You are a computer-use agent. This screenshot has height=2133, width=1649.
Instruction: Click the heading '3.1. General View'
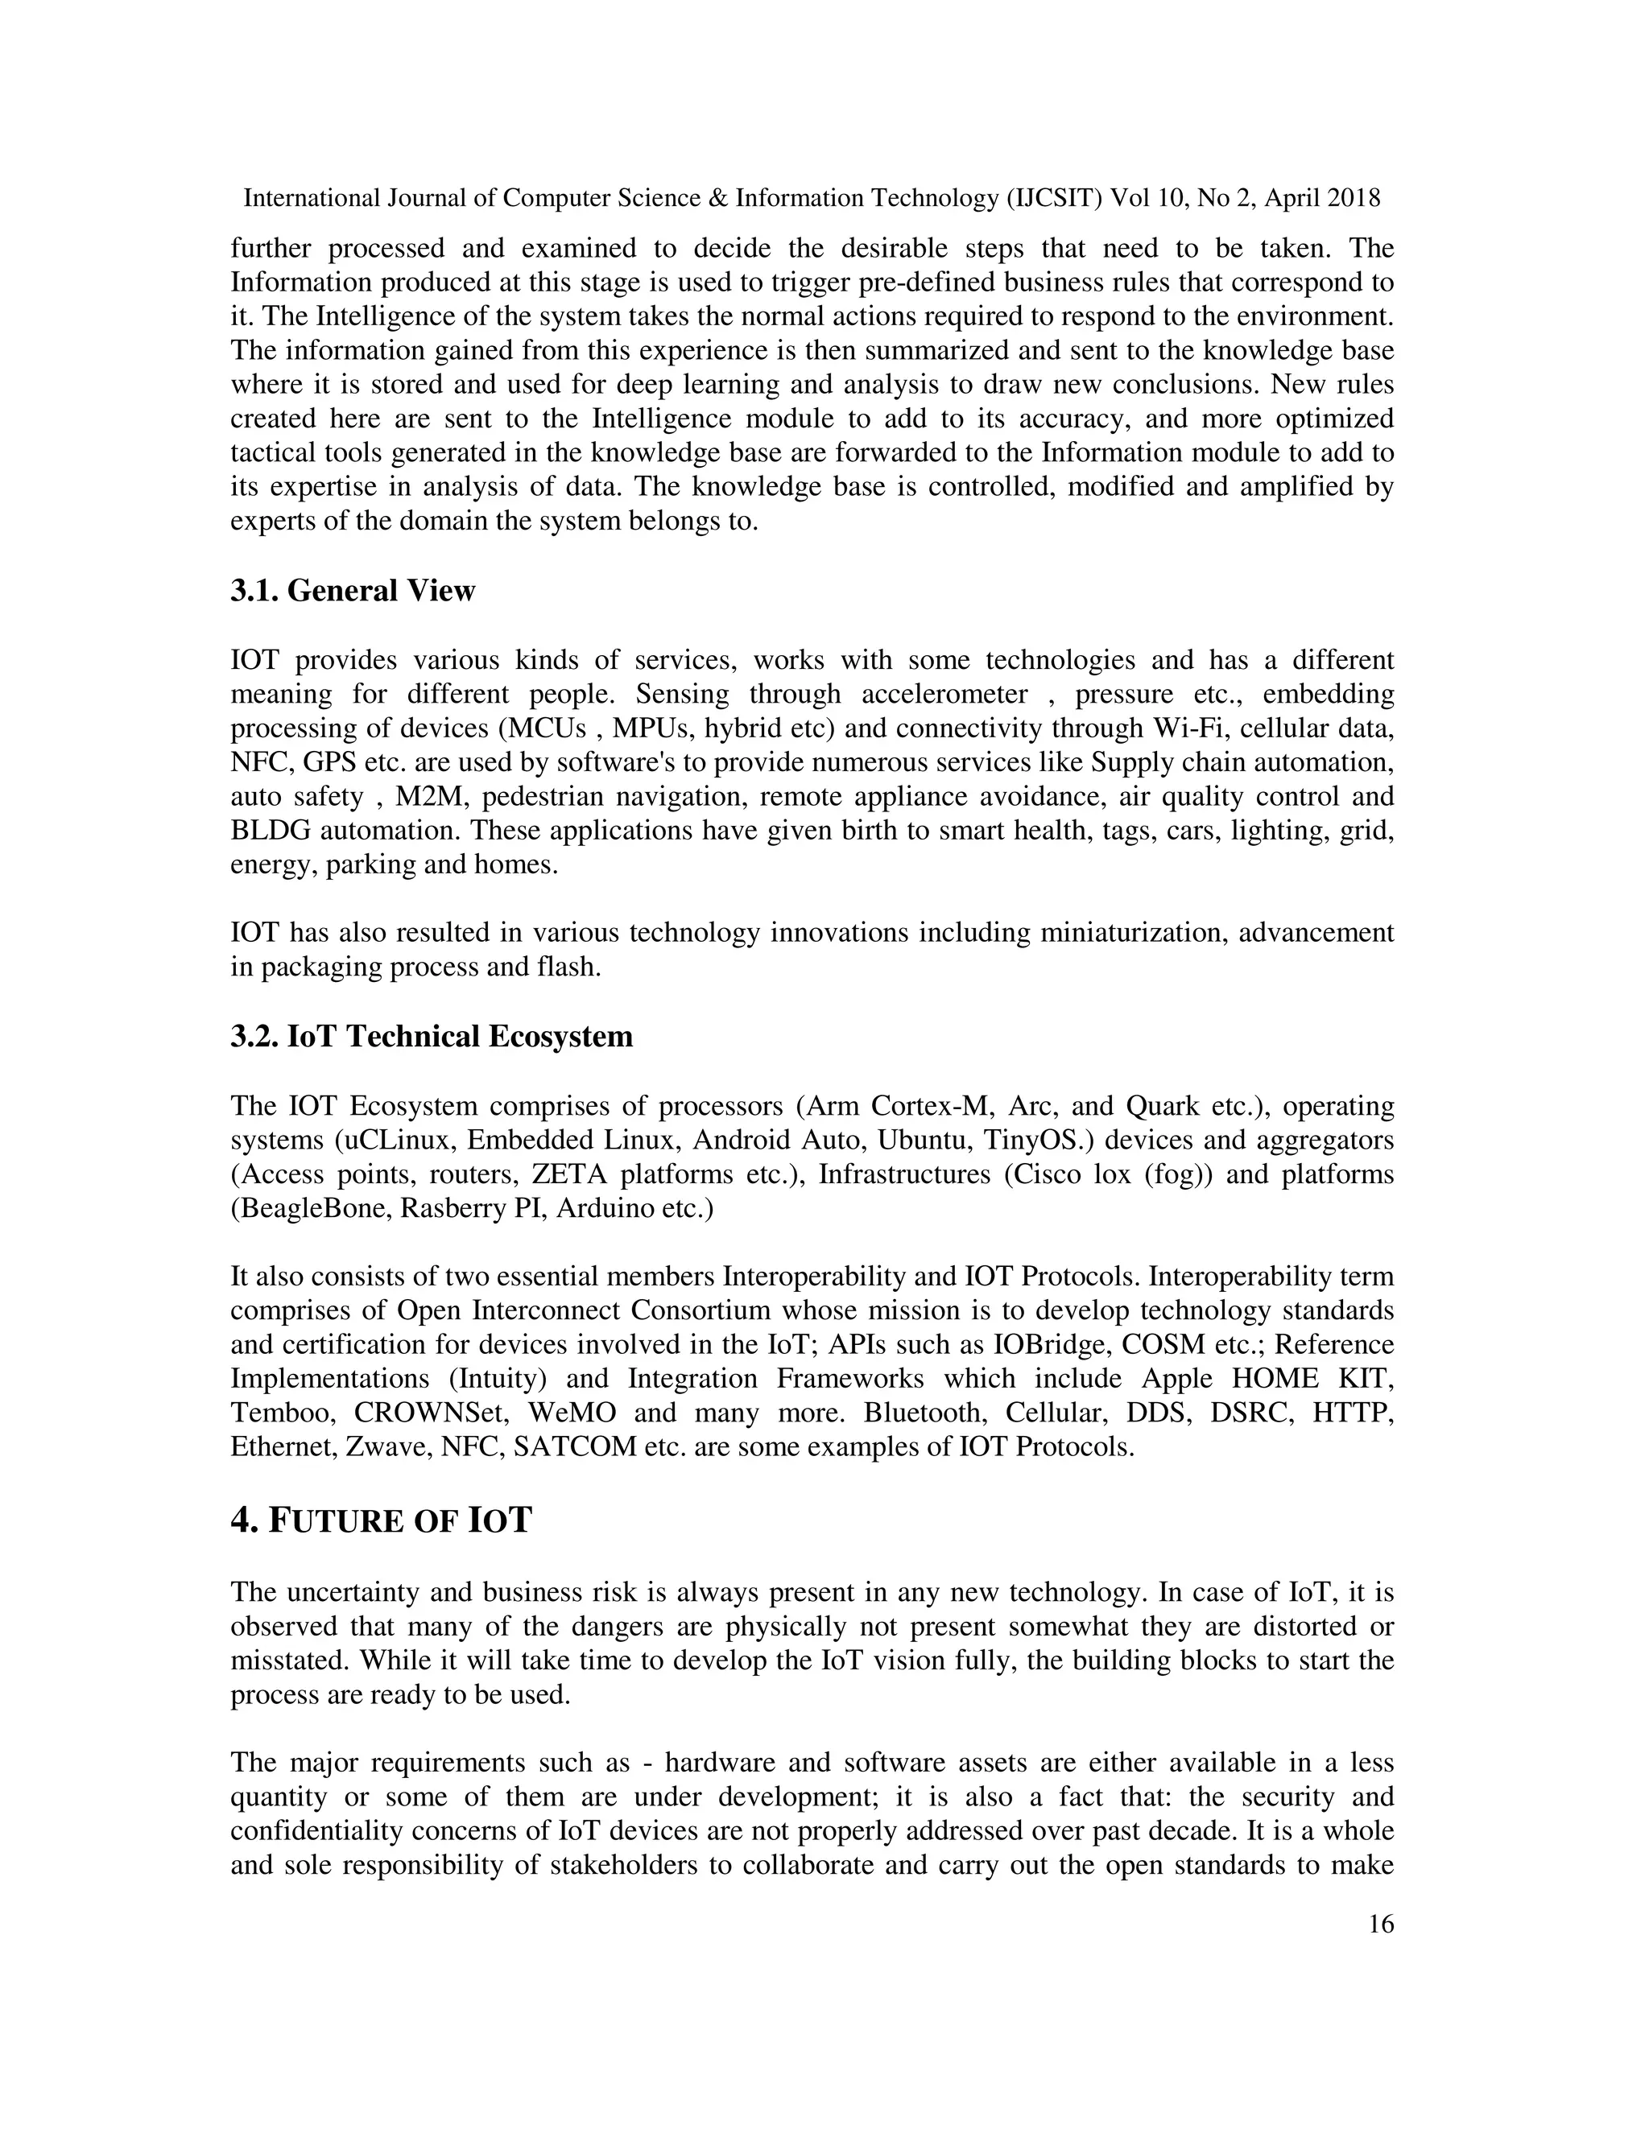click(353, 591)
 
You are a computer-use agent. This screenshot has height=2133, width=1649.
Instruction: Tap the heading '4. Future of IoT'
click(381, 1520)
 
